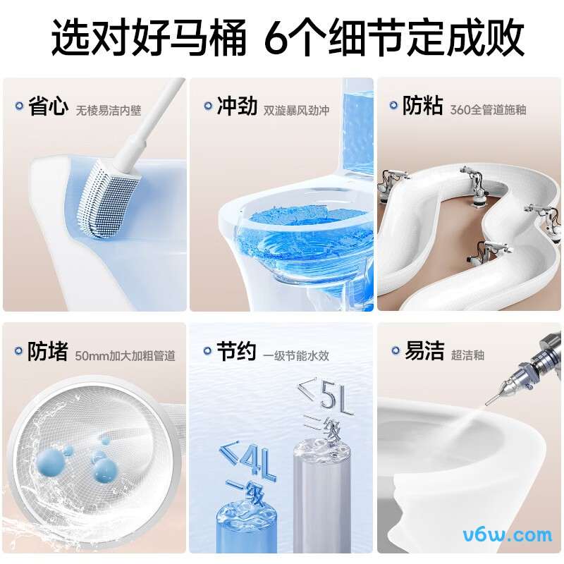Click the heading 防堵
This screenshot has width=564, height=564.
click(x=49, y=352)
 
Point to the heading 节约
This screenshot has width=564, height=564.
click(x=236, y=352)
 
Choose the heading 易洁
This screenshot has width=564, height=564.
click(x=424, y=352)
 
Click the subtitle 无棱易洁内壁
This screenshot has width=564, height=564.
click(x=109, y=110)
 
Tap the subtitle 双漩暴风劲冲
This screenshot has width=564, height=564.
click(x=296, y=110)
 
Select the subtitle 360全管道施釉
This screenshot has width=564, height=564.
click(x=488, y=110)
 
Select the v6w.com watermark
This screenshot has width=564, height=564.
click(x=507, y=534)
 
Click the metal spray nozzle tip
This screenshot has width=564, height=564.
click(x=488, y=400)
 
